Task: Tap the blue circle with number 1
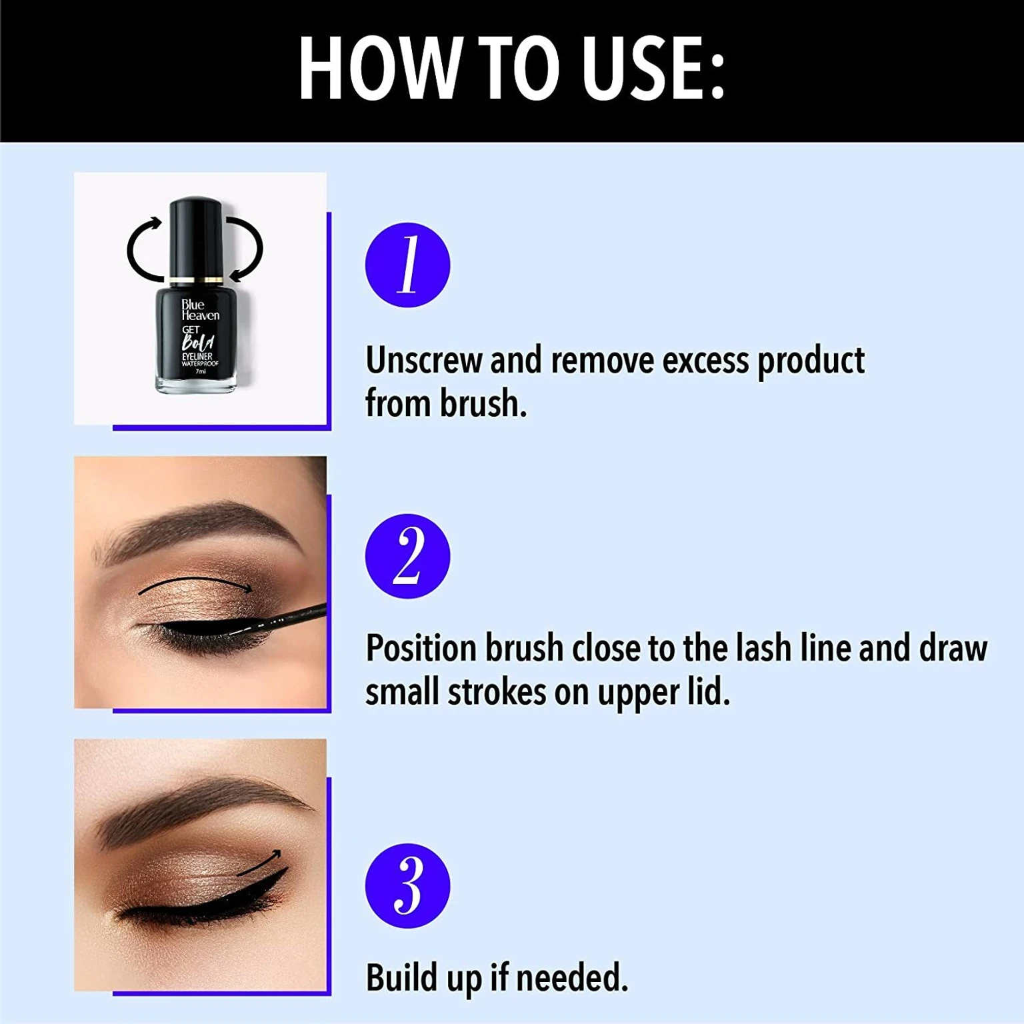coord(407,265)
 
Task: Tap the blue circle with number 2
coord(407,556)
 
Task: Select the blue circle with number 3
coord(407,886)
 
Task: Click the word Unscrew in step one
coord(423,361)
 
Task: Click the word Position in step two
coord(421,649)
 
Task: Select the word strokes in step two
coord(496,693)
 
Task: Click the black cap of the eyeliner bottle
coord(195,237)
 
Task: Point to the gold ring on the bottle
coord(195,280)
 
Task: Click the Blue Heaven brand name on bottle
coord(199,310)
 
